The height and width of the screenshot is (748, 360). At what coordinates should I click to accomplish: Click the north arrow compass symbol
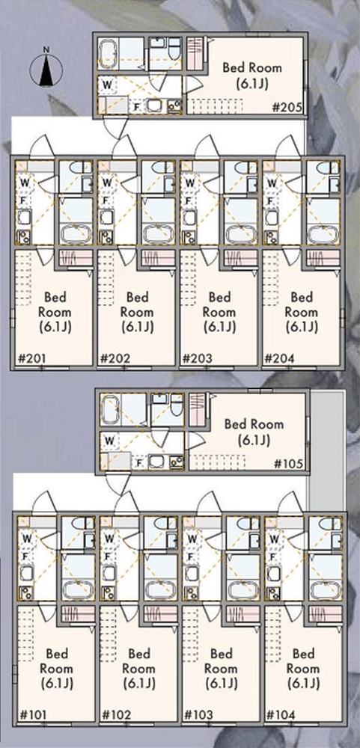pyautogui.click(x=46, y=69)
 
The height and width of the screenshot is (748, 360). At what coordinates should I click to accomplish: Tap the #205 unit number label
pyautogui.click(x=287, y=107)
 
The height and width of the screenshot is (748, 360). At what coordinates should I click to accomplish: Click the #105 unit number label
pyautogui.click(x=289, y=463)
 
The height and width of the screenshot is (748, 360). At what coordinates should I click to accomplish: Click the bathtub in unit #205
pyautogui.click(x=109, y=55)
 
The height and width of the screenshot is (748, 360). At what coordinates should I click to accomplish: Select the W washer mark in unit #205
pyautogui.click(x=108, y=85)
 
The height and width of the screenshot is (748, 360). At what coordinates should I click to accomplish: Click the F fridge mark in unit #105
pyautogui.click(x=139, y=462)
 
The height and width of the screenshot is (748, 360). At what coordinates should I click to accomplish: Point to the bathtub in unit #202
pyautogui.click(x=157, y=233)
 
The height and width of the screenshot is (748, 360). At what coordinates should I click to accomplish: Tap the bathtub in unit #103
pyautogui.click(x=242, y=589)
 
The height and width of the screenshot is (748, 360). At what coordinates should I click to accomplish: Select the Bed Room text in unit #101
pyautogui.click(x=56, y=660)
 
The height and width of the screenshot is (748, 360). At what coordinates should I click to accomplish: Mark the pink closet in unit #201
pyautogui.click(x=76, y=258)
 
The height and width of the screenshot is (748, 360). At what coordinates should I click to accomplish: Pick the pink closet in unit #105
pyautogui.click(x=196, y=409)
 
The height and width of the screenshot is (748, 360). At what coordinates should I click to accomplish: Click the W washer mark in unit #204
pyautogui.click(x=272, y=183)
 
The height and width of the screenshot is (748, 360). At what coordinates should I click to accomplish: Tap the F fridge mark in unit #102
pyautogui.click(x=109, y=557)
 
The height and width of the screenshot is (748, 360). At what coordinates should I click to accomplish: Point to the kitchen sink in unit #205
pyautogui.click(x=154, y=105)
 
